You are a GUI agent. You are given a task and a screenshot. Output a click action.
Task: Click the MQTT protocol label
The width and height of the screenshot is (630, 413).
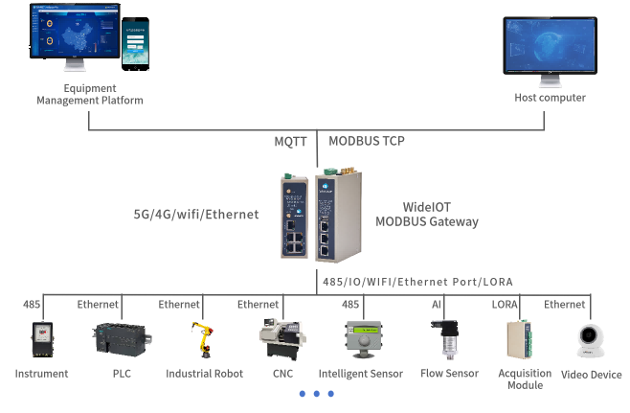tap(290, 141)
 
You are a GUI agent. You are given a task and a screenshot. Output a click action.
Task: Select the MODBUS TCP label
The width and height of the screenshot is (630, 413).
tap(367, 141)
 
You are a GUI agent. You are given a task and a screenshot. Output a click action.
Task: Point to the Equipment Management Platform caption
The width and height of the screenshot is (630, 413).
tap(89, 95)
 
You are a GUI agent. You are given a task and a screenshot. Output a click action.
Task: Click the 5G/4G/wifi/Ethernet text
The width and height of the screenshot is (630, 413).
tap(195, 215)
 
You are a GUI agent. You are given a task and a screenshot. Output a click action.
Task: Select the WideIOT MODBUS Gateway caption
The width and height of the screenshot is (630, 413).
tap(440, 214)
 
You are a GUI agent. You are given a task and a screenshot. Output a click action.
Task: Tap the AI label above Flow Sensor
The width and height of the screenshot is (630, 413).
tap(438, 305)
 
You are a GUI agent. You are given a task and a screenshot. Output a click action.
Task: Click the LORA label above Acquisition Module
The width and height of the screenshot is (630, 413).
tap(506, 305)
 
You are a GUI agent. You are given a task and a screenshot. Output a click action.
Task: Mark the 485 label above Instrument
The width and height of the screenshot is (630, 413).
tap(33, 305)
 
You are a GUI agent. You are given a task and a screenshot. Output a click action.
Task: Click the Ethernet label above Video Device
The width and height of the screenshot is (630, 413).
tap(564, 305)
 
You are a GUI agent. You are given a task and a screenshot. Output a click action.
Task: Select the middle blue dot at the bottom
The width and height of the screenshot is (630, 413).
tap(315, 394)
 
